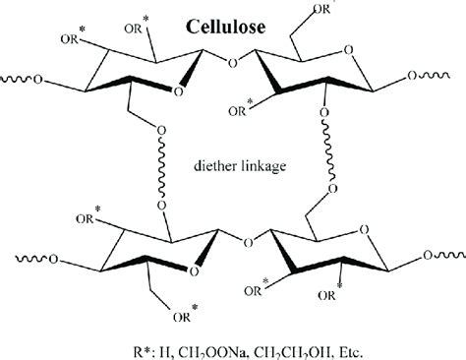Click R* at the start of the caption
(x=103, y=344)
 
